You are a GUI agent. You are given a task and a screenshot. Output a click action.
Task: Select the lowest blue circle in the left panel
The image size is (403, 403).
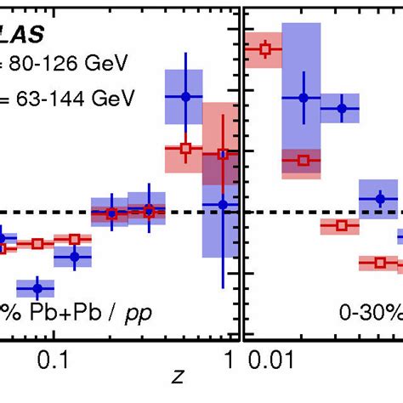tap(36, 287)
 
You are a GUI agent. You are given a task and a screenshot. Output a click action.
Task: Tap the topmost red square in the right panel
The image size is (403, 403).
tap(264, 50)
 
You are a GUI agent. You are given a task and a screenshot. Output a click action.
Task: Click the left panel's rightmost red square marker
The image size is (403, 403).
tap(223, 154)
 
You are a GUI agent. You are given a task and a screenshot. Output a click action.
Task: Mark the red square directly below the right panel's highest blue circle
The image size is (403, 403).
tap(304, 160)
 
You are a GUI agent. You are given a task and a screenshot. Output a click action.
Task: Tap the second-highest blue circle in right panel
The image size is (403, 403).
tap(343, 109)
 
